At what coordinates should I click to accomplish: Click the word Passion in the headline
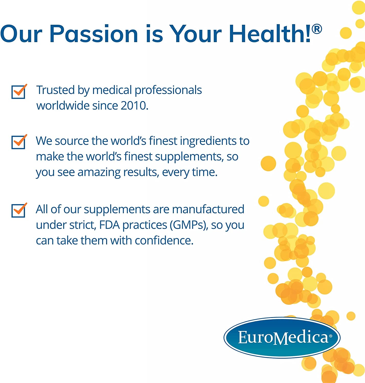click(94, 34)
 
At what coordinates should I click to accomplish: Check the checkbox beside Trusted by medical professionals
click(18, 92)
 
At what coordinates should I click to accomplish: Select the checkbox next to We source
click(18, 142)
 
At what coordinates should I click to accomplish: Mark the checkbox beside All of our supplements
click(18, 210)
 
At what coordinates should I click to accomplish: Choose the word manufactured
click(208, 209)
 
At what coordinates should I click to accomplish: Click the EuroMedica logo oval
click(282, 337)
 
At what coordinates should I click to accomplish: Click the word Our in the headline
click(21, 34)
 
